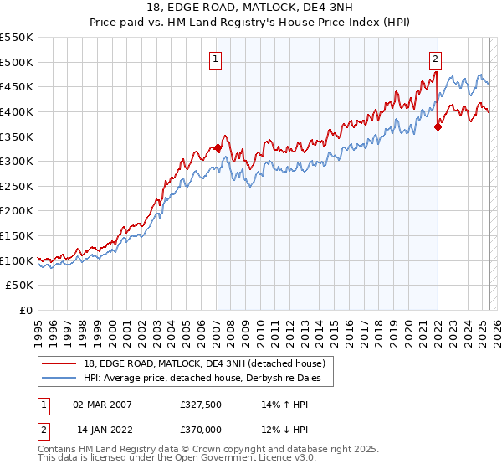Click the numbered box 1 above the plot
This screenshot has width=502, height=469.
pyautogui.click(x=216, y=59)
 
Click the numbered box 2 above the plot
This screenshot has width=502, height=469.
pyautogui.click(x=436, y=59)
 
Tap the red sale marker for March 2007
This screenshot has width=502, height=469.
pyautogui.click(x=218, y=148)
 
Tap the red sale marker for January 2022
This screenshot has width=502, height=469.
pyautogui.click(x=438, y=127)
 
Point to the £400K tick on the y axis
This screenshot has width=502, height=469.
pyautogui.click(x=17, y=111)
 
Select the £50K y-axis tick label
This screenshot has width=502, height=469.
pyautogui.click(x=20, y=286)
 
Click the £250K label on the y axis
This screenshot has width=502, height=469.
pyautogui.click(x=17, y=186)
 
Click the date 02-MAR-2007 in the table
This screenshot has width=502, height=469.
pyautogui.click(x=102, y=404)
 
